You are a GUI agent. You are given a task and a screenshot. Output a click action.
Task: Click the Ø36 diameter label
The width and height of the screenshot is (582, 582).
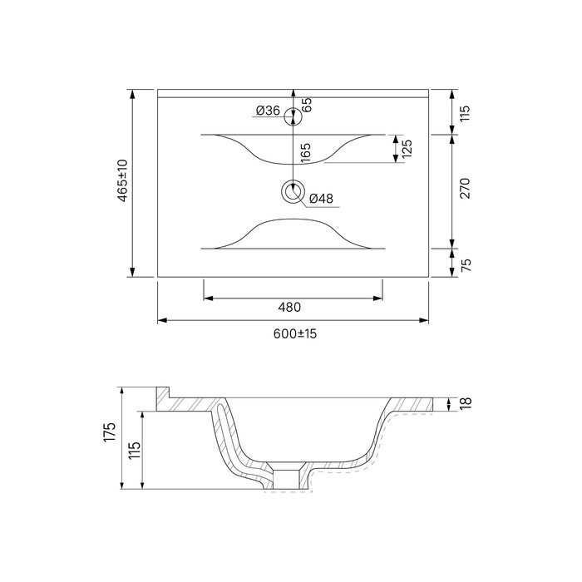(268, 111)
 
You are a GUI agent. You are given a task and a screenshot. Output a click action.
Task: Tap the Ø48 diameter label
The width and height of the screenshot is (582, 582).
(321, 199)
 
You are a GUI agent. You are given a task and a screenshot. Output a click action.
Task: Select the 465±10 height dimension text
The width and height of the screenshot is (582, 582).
(122, 180)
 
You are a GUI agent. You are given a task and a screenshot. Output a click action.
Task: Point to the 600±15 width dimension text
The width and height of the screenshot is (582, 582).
(295, 333)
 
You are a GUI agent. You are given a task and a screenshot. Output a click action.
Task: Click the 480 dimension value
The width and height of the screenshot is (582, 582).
(289, 308)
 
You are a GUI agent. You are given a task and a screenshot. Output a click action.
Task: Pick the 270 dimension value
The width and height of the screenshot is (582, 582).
(465, 188)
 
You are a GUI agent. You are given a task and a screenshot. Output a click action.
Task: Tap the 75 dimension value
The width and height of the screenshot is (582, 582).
(466, 265)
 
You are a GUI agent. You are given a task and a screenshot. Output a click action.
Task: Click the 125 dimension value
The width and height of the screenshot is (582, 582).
(407, 149)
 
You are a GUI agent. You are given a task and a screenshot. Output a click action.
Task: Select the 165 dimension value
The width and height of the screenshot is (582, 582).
(305, 152)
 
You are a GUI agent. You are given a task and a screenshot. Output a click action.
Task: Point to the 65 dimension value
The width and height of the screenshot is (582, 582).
(307, 105)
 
